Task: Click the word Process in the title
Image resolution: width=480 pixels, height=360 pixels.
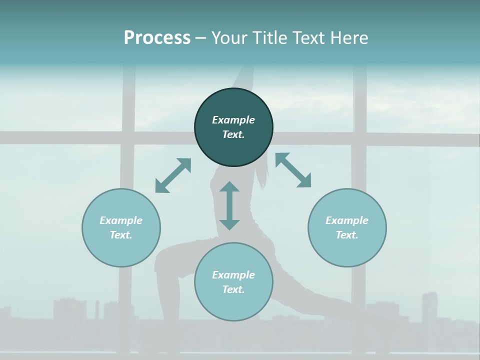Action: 157,38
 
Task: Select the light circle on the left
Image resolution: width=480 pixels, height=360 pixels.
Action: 121,250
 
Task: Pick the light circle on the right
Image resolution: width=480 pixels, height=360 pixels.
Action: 347,250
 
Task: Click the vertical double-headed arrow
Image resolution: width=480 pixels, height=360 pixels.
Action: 229,205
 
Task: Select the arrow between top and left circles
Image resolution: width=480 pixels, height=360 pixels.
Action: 173,175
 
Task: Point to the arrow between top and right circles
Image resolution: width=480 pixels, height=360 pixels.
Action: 293,170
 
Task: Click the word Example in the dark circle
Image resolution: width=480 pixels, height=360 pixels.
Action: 233,120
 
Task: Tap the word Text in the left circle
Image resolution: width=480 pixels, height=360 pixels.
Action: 121,235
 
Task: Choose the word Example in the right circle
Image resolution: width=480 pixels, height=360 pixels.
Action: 347,220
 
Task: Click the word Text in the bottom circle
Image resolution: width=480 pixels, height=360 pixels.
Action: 233,289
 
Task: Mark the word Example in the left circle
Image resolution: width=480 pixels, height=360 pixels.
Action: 121,220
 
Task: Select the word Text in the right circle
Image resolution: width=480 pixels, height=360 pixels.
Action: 347,235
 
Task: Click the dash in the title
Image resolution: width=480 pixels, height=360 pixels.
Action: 201,38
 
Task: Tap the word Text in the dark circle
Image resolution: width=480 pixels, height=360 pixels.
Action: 233,134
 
